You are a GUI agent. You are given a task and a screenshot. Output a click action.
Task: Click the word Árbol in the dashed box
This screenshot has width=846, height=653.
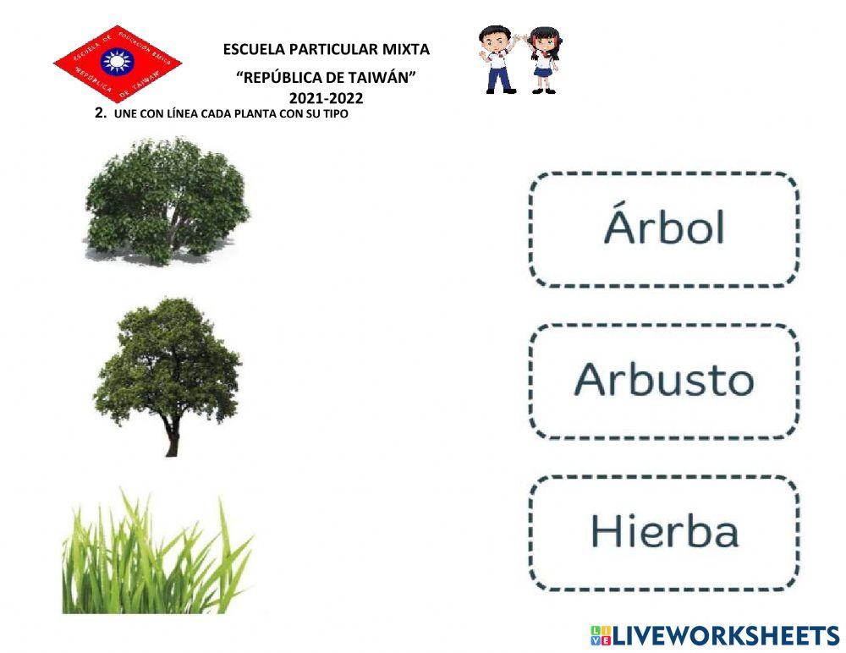click(x=664, y=228)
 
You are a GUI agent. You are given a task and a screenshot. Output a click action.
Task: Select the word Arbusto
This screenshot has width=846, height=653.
click(x=664, y=380)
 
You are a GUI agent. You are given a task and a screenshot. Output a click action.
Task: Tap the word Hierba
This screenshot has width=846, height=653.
click(x=664, y=531)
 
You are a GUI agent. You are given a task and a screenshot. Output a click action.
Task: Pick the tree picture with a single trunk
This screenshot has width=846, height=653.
click(x=168, y=372)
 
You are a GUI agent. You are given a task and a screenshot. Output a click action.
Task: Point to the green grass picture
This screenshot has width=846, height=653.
click(x=157, y=554)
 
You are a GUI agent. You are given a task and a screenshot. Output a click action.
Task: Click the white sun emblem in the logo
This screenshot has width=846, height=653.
click(x=113, y=62)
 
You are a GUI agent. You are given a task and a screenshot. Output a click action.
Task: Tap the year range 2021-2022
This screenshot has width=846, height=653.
click(x=326, y=98)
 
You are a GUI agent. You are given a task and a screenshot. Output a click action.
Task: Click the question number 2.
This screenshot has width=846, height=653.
click(x=100, y=113)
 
